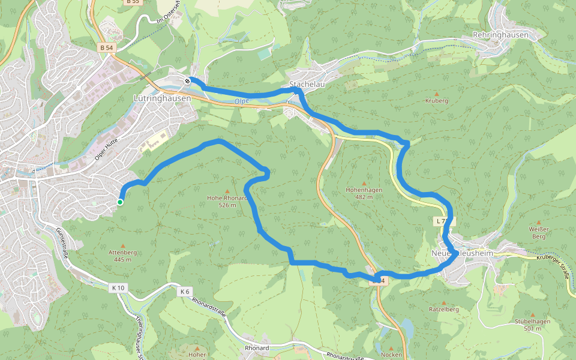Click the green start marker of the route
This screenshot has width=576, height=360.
coord(120,202)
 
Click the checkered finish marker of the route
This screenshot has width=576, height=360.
coord(188,81)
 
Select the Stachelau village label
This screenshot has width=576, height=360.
coord(307,85)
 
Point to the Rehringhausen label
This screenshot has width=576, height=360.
coord(500,35)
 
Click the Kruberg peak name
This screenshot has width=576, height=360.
coord(436,101)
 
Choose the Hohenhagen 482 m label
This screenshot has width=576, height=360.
coord(364,193)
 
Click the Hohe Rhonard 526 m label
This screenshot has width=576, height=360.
coord(227,201)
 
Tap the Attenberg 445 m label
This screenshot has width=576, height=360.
coord(123,256)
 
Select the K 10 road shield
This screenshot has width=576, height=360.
coord(118,288)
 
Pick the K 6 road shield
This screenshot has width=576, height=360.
coord(184,292)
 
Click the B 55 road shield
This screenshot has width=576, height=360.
coord(133,2)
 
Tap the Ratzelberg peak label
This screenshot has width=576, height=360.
coord(444,310)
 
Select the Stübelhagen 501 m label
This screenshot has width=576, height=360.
coord(532,325)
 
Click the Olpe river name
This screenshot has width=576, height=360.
coord(241,102)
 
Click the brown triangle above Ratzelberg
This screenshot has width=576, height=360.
coord(444,302)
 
